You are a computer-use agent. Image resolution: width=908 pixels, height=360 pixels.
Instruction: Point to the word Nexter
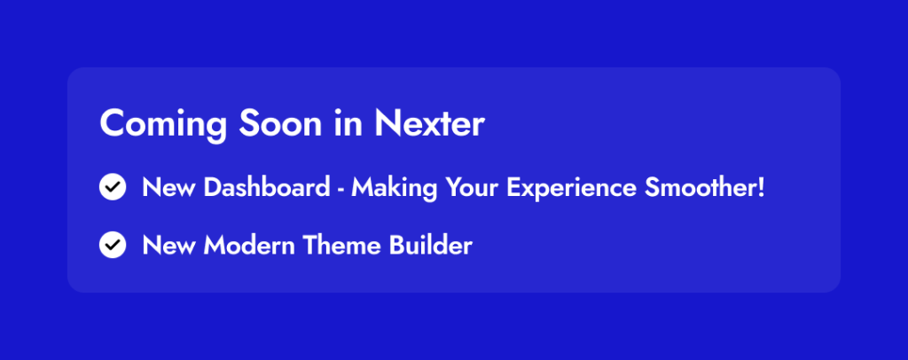point(429,123)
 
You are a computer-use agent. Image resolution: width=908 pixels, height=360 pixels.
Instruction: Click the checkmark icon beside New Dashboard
point(113,187)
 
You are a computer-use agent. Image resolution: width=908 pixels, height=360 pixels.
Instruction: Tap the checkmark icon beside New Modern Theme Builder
point(113,245)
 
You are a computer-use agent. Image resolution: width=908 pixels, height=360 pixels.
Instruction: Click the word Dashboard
point(266,187)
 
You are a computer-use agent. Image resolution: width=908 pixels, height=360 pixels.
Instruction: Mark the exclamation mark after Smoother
point(760,187)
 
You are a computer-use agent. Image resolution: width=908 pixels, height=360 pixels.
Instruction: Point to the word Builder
point(431,246)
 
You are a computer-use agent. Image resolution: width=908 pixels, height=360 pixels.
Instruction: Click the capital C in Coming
point(111,123)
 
